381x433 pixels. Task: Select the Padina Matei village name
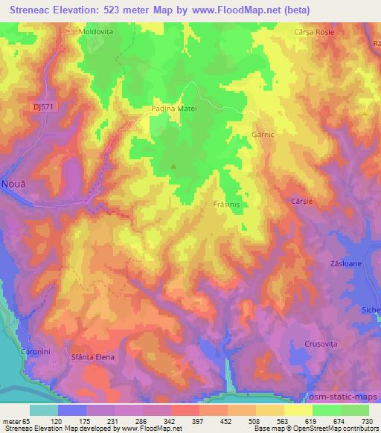point(176,109)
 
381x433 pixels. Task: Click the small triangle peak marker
point(174,166)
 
